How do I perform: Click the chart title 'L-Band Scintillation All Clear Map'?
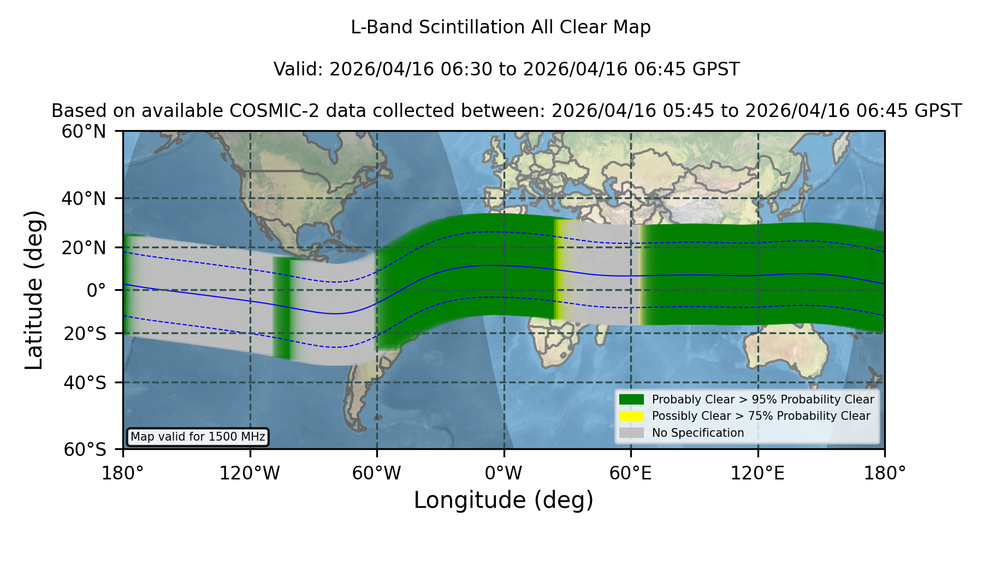(x=500, y=27)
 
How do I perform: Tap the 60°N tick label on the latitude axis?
(x=84, y=132)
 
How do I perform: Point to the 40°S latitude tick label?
(x=85, y=383)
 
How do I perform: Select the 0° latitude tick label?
(x=96, y=290)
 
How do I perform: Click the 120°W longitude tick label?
(x=250, y=473)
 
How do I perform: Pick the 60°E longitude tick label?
(x=631, y=473)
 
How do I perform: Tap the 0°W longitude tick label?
(x=504, y=473)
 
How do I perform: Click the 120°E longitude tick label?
(x=757, y=473)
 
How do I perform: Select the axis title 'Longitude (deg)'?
(x=504, y=500)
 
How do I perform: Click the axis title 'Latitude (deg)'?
(x=34, y=290)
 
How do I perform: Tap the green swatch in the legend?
(x=631, y=399)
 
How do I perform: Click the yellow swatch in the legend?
(x=631, y=416)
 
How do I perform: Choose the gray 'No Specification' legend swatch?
(x=631, y=433)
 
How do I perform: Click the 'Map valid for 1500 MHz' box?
(x=198, y=437)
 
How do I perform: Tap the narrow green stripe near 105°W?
(x=282, y=308)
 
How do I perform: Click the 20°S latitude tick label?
(x=85, y=333)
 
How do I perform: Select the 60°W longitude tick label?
(x=376, y=473)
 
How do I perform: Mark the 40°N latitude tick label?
(x=84, y=198)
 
